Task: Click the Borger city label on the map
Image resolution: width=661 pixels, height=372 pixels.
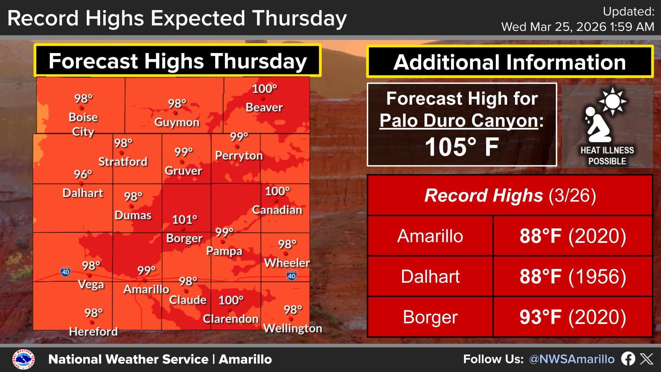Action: tap(184, 238)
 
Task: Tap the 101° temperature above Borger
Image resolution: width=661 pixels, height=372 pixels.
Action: tap(185, 219)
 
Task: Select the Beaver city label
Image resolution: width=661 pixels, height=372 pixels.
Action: tap(264, 107)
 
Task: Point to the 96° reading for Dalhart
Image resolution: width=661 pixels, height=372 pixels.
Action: tap(83, 174)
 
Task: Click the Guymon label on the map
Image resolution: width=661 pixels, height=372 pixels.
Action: tap(177, 122)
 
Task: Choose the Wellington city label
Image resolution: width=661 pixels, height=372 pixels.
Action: tap(293, 328)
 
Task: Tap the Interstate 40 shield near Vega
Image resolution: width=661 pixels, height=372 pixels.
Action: tap(65, 272)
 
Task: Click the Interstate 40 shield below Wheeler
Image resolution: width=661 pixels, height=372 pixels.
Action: tap(292, 276)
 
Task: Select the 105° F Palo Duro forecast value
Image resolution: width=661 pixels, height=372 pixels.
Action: tap(462, 147)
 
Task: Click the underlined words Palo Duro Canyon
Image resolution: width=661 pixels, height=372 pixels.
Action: tap(459, 121)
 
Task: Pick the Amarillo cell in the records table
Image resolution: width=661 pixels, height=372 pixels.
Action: tap(430, 236)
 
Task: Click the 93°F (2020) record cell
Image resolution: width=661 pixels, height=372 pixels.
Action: tap(573, 317)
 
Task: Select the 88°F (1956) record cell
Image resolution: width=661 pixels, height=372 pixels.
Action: tap(573, 277)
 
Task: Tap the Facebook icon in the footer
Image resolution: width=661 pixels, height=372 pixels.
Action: tap(628, 359)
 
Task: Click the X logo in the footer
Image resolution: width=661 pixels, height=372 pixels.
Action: tap(646, 359)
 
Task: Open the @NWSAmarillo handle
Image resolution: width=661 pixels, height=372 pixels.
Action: tap(571, 359)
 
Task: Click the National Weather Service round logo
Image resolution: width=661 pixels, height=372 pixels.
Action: tap(23, 360)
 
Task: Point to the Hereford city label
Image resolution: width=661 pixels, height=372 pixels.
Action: tap(93, 332)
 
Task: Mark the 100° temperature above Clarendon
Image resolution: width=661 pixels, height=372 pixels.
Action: tap(231, 300)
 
